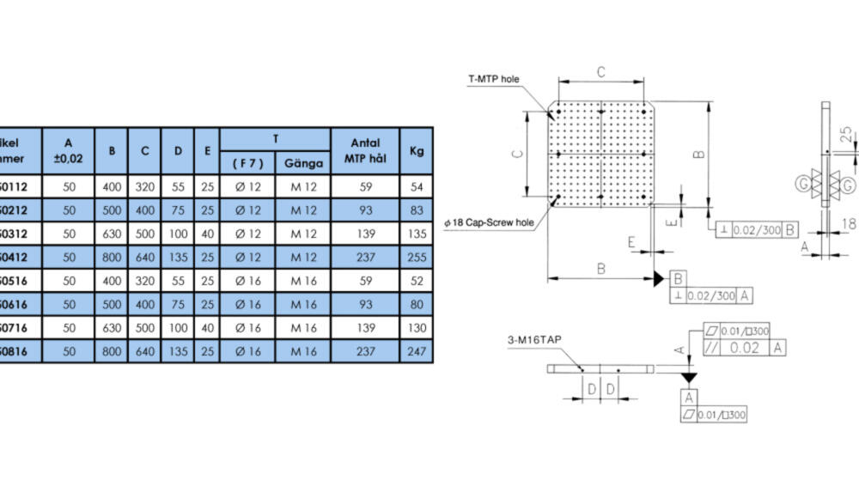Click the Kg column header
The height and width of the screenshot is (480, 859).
pos(417,151)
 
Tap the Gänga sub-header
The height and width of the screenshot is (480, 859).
pos(303,163)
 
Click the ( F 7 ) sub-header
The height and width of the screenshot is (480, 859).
pos(248,163)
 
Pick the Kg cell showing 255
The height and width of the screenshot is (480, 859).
pos(417,256)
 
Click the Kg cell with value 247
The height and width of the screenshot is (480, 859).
pos(417,350)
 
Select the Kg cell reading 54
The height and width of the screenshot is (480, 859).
pos(417,186)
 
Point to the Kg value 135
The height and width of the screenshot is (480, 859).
pos(417,233)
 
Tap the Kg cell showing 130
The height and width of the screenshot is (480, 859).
pos(417,327)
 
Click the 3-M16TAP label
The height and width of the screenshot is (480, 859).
pos(533,340)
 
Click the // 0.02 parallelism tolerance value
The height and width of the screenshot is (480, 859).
pos(743,347)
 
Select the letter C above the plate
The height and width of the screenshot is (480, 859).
pos(601,71)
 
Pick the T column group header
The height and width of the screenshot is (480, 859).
pos(275,139)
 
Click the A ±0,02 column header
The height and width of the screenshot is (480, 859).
pos(69,149)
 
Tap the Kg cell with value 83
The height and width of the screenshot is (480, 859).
pos(417,210)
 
